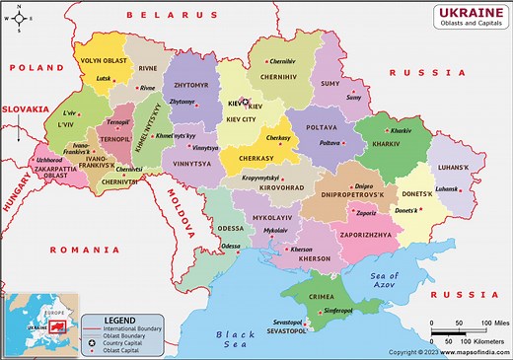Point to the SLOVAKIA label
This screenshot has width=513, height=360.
pos(26,109)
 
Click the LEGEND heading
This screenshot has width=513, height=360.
pos(119,320)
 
